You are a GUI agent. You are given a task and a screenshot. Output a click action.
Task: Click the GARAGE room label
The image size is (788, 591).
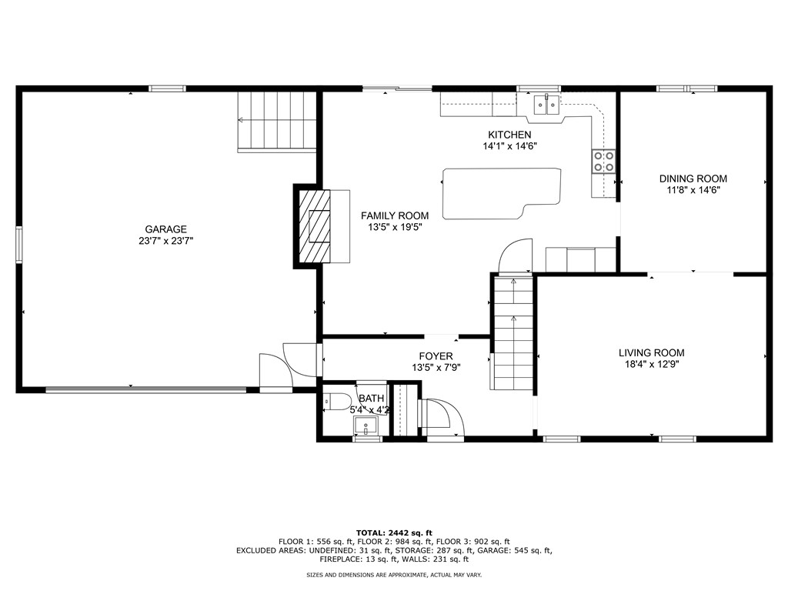click(165, 229)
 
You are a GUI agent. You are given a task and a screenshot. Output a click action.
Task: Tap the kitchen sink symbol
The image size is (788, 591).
click(547, 105)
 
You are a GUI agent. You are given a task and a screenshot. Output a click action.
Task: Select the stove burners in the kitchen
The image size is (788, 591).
click(603, 161)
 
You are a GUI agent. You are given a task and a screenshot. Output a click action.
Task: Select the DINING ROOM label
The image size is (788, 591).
click(693, 179)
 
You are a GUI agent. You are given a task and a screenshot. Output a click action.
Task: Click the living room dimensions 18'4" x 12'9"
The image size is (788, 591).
click(651, 365)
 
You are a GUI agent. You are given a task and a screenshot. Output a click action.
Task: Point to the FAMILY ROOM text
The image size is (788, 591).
click(395, 215)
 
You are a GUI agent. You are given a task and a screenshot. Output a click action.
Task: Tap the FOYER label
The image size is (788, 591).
click(436, 356)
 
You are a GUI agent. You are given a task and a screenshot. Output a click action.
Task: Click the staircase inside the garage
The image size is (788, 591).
click(277, 120)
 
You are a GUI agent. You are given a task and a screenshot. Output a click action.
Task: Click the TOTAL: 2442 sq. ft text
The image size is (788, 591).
click(394, 533)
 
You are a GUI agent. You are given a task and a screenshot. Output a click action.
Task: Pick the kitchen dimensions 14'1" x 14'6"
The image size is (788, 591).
click(509, 146)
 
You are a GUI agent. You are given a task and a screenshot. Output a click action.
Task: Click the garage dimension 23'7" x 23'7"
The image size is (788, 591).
click(165, 241)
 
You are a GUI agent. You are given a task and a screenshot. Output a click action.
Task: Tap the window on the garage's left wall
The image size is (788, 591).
click(19, 245)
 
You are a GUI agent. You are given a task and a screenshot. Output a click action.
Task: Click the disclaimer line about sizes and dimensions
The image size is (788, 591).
click(394, 575)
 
